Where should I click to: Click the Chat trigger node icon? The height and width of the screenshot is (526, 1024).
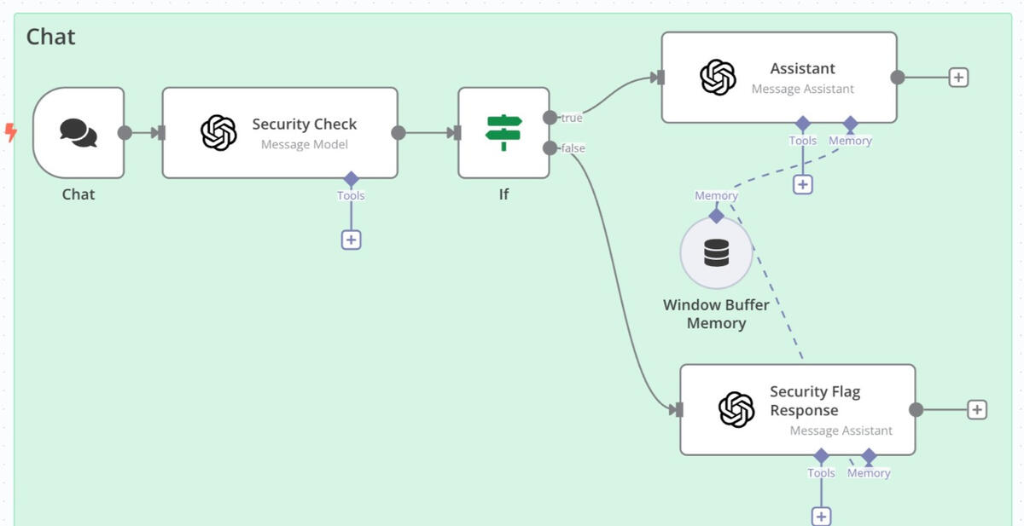[x=79, y=133]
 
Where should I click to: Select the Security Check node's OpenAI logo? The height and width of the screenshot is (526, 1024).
[x=219, y=132]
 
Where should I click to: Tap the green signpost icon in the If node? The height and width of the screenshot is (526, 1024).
[x=503, y=132]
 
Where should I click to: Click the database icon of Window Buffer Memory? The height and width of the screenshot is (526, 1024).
[x=716, y=252]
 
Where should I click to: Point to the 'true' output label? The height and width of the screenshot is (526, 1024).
[x=572, y=118]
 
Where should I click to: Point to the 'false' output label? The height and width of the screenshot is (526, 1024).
[x=573, y=148]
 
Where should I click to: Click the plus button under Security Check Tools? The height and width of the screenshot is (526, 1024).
[x=351, y=240]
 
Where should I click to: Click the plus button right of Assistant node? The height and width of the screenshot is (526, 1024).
[x=958, y=78]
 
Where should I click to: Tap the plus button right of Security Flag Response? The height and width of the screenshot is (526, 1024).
[x=977, y=409]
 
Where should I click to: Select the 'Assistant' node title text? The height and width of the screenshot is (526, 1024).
[x=803, y=68]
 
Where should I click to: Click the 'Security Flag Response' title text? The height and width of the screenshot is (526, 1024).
[x=815, y=401]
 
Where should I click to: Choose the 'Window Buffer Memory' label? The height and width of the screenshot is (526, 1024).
[x=716, y=314]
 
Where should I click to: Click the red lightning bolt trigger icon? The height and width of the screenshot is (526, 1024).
[x=11, y=132]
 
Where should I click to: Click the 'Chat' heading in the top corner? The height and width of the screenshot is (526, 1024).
[x=50, y=37]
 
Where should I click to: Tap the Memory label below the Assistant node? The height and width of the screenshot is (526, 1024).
[x=850, y=141]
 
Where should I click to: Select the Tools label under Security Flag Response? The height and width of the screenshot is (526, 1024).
[x=821, y=472]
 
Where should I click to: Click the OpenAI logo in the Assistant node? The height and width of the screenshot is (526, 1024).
[x=719, y=78]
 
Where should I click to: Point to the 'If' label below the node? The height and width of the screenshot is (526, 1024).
[x=503, y=194]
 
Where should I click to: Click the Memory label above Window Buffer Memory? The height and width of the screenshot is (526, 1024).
[x=716, y=195]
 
